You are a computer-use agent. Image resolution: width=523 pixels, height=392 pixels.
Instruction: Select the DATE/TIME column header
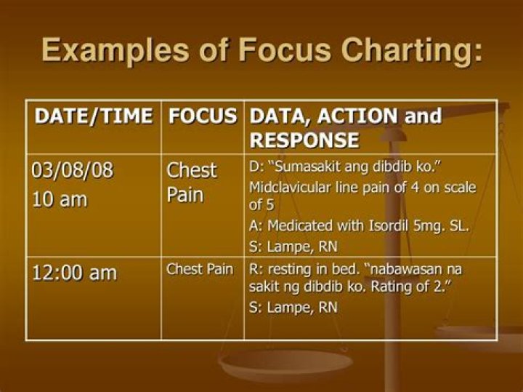[x=94, y=116]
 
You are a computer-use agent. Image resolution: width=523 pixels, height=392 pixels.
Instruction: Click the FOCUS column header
[x=203, y=116]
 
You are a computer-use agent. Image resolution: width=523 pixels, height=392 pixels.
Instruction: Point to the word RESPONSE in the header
[x=304, y=140]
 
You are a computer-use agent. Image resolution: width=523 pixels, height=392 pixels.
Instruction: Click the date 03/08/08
[x=73, y=170]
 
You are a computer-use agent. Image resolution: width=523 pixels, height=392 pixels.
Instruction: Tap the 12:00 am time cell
[x=74, y=273]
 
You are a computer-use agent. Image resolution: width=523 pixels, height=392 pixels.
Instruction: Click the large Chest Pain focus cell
[x=192, y=183]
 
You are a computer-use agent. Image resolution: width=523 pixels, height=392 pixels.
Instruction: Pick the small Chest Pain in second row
[x=200, y=269]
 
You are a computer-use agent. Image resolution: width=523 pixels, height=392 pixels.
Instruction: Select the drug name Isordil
[x=376, y=226]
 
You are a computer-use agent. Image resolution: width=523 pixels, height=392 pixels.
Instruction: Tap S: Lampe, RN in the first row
[x=293, y=246]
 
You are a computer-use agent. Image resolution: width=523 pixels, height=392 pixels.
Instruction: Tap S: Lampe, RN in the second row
[x=293, y=307]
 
